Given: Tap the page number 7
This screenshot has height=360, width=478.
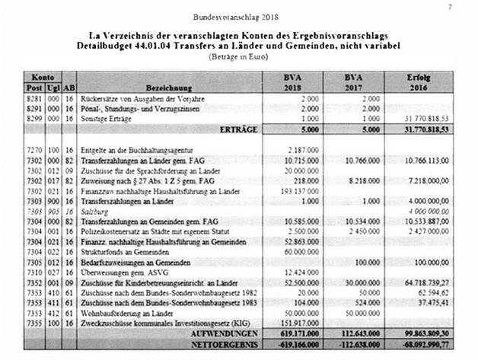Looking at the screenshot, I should pyautogui.click(x=450, y=6).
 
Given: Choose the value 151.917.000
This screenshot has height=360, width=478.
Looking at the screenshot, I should pyautogui.click(x=297, y=322).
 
